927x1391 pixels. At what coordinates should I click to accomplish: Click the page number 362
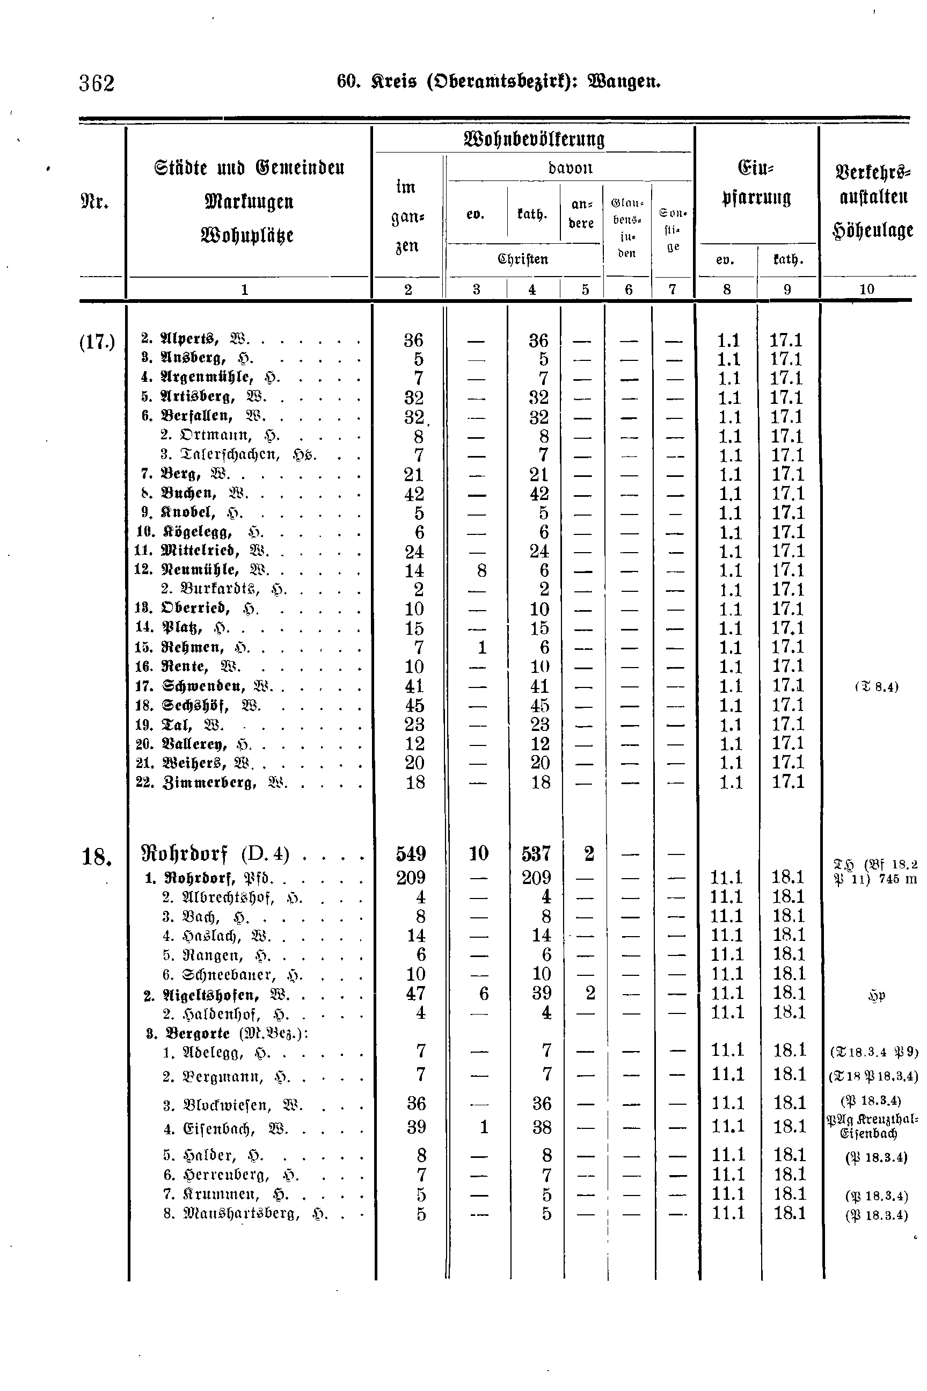[x=97, y=83]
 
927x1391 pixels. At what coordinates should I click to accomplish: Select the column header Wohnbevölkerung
[x=535, y=140]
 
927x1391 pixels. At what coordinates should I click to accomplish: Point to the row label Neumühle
[x=200, y=569]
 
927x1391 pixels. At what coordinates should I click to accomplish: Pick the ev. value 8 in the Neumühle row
[x=482, y=570]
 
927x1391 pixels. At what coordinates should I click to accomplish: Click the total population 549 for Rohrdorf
[x=412, y=854]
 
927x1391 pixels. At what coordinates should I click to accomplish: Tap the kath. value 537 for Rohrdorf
[x=537, y=854]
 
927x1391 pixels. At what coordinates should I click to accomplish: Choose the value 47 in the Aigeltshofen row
[x=415, y=993]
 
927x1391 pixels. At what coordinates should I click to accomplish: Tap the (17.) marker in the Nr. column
[x=97, y=341]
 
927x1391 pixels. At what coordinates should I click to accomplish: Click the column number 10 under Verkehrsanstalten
[x=867, y=289]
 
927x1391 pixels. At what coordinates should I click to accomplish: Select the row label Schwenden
[x=203, y=686]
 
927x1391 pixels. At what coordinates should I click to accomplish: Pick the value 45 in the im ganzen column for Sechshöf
[x=414, y=706]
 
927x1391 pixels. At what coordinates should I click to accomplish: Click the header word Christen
[x=523, y=259]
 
